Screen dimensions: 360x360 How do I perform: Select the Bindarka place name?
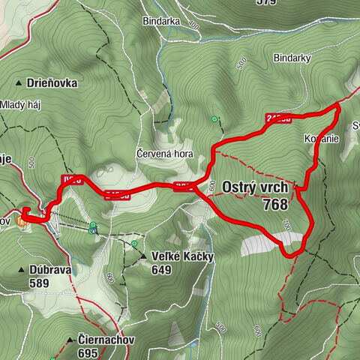tap(163, 22)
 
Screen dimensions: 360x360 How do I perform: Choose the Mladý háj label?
tap(21, 104)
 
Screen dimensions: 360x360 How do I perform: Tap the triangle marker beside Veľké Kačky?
tap(143, 257)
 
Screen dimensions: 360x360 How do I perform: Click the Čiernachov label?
tap(105, 340)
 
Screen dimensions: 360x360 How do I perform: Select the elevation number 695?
tap(88, 352)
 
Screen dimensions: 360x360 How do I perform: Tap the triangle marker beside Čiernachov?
tap(69, 340)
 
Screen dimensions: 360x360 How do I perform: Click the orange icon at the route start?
tap(22, 220)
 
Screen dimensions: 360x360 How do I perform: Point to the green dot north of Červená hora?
tap(216, 118)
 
